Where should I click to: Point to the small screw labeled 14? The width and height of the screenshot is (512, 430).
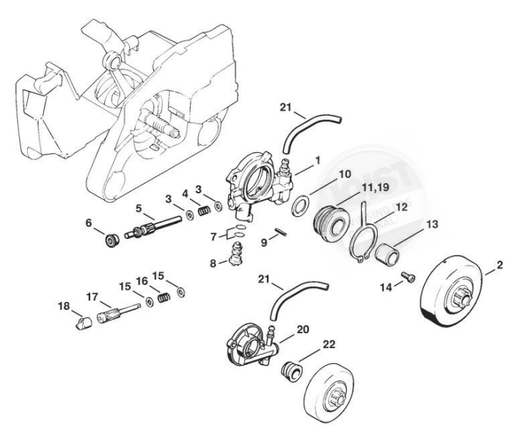coord(406,277)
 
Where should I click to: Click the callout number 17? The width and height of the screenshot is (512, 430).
coord(91,297)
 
